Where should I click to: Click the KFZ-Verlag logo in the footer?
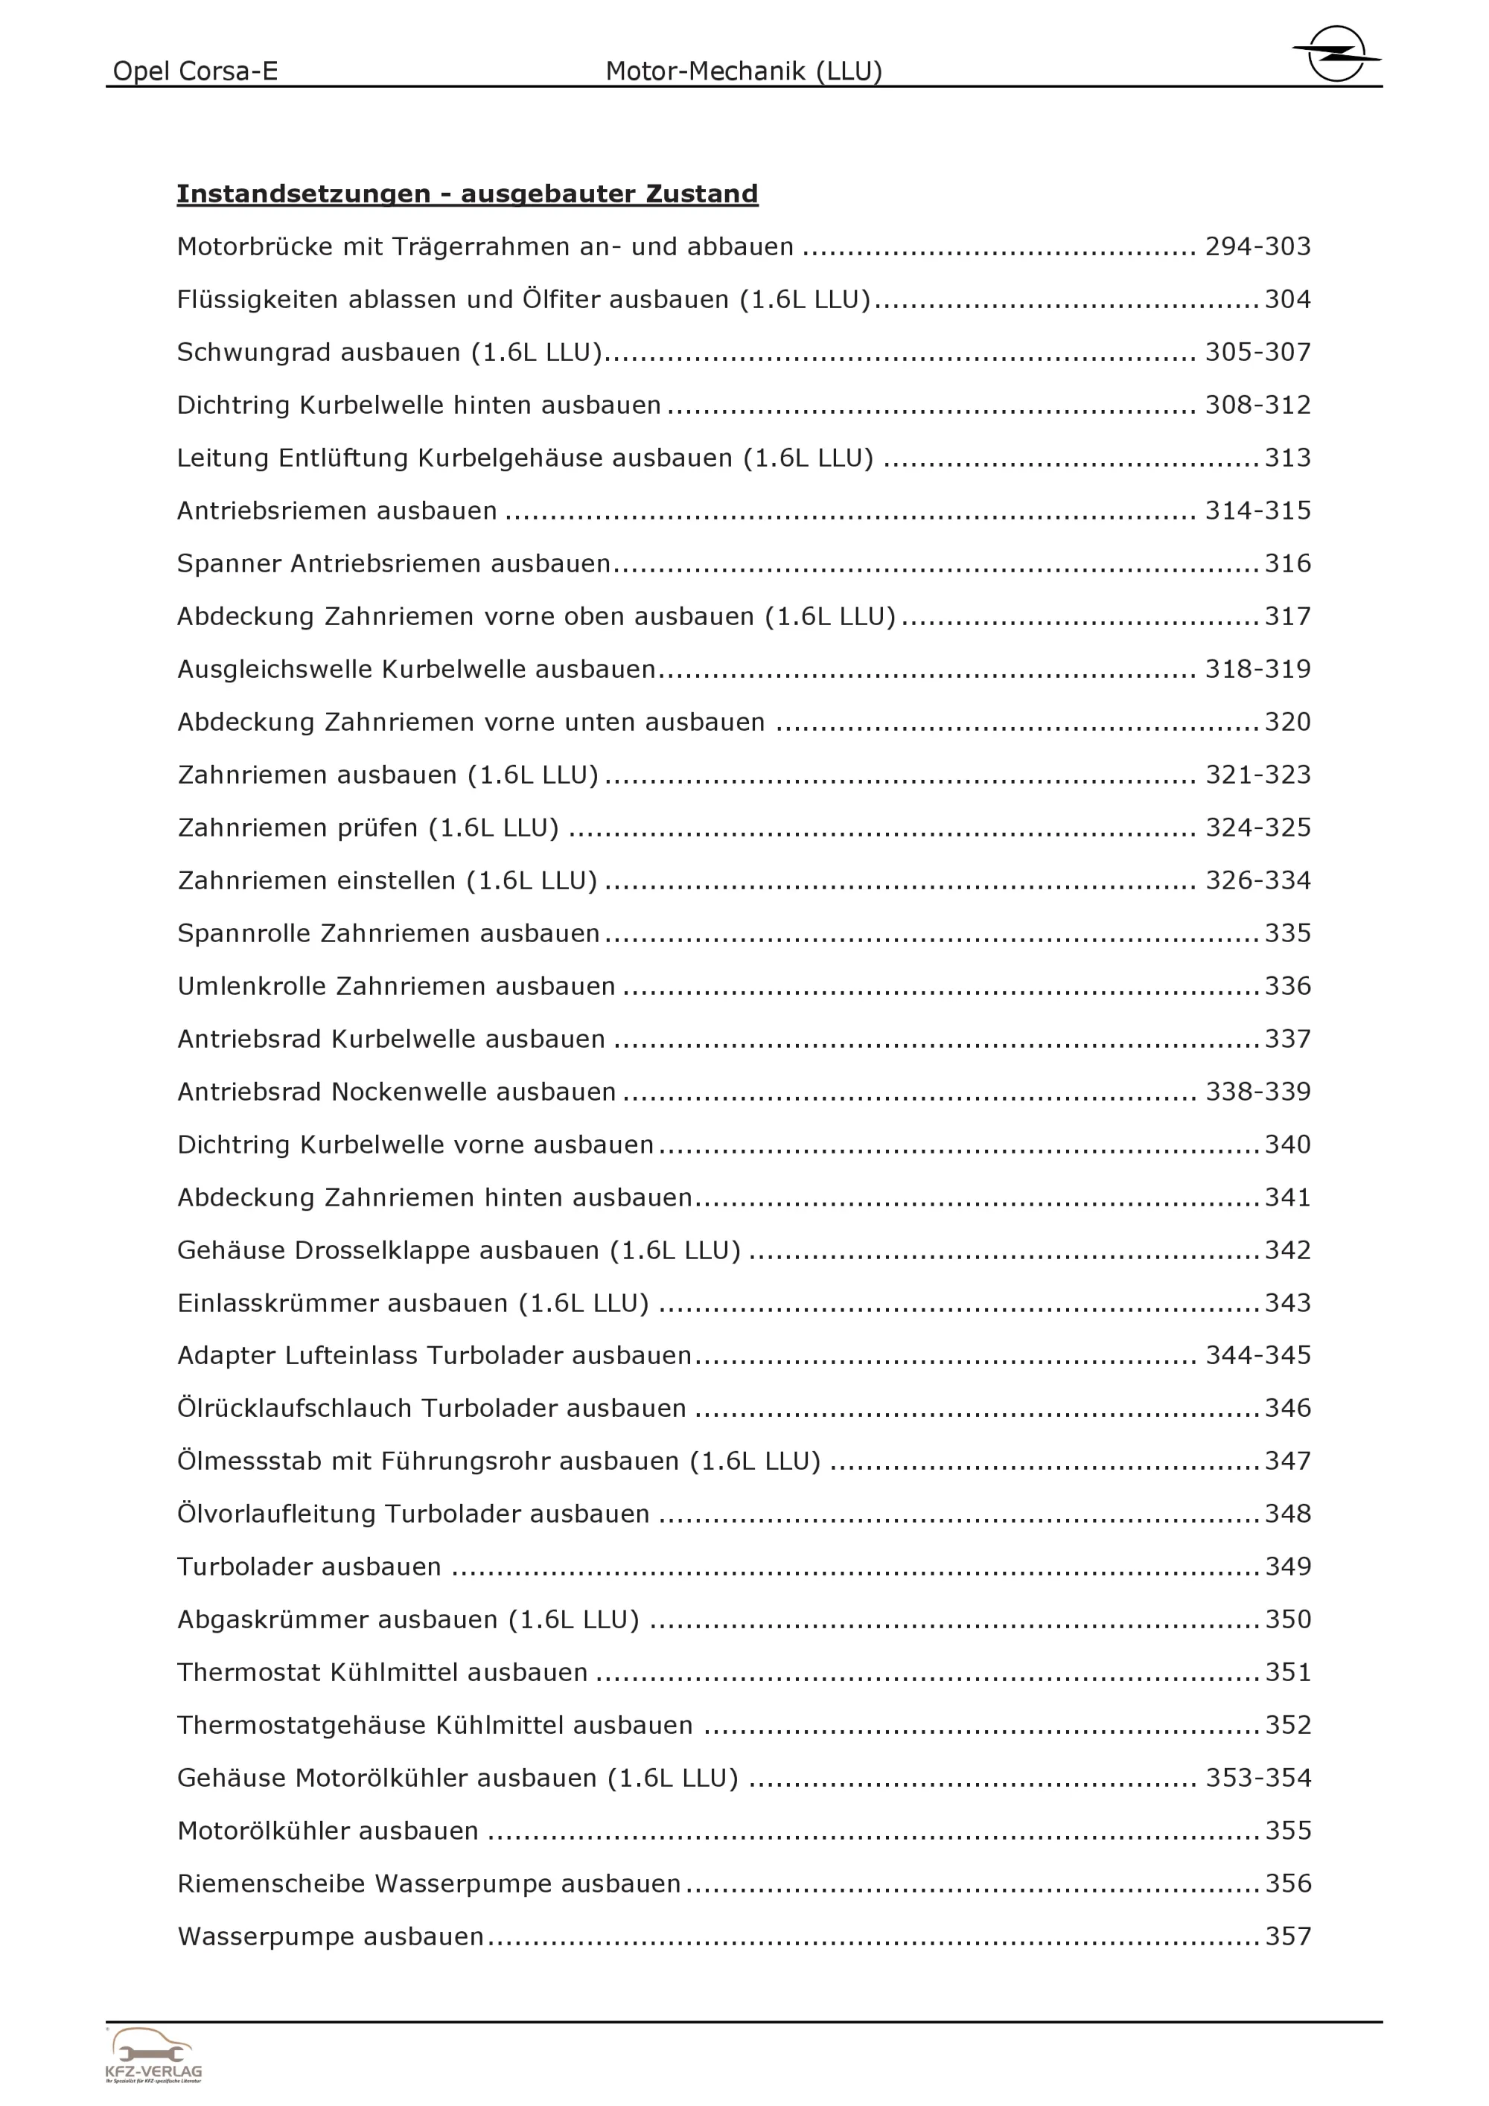[x=153, y=2055]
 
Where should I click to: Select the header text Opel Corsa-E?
[x=195, y=71]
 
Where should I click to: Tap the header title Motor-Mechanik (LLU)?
[x=743, y=71]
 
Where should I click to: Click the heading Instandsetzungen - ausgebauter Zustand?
[x=467, y=193]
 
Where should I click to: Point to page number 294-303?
[x=1257, y=247]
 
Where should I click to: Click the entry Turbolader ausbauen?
[x=309, y=1566]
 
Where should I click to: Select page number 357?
[x=1288, y=1936]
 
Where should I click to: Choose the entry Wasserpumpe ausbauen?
[x=331, y=1936]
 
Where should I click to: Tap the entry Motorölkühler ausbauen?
[x=328, y=1831]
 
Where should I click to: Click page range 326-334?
[x=1257, y=880]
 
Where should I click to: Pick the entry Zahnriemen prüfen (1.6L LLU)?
[x=368, y=828]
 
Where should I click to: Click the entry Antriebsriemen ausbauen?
[x=337, y=511]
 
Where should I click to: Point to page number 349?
[x=1288, y=1566]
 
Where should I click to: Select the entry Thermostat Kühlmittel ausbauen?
[x=383, y=1672]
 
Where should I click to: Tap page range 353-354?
[x=1257, y=1778]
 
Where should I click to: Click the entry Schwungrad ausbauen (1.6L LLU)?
[x=389, y=352]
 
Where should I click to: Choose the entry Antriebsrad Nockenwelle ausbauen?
[x=396, y=1092]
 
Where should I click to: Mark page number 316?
[x=1288, y=563]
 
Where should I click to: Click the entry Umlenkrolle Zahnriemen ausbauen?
[x=396, y=986]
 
